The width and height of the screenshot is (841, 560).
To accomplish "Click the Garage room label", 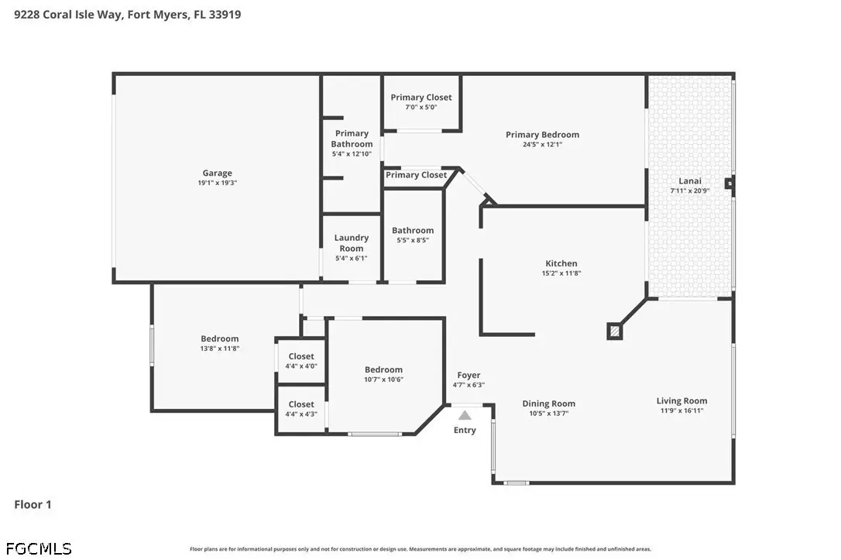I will (x=217, y=173).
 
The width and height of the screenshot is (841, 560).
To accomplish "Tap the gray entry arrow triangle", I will (x=465, y=416).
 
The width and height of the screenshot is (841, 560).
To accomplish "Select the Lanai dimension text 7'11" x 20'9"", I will (x=689, y=191).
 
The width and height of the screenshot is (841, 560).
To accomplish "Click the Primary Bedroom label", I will (x=542, y=135).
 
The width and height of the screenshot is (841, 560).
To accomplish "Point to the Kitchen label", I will (x=561, y=263).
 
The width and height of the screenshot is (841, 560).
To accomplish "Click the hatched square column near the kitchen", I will (x=614, y=331).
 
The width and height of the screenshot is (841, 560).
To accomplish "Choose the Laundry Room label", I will (x=352, y=243).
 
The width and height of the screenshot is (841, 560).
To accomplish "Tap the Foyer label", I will (x=469, y=375).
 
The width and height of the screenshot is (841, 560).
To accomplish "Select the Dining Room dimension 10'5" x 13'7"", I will (x=548, y=414).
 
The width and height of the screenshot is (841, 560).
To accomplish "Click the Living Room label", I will (x=681, y=400).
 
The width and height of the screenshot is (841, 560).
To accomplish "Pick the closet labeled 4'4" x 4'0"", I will (x=301, y=361).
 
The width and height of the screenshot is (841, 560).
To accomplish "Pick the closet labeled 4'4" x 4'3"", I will (x=301, y=408).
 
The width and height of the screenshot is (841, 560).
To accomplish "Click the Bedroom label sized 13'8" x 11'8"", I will (x=220, y=338).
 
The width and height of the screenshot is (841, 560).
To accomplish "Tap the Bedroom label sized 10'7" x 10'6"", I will (x=383, y=370).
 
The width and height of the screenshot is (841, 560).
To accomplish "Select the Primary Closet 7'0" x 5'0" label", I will (x=421, y=98).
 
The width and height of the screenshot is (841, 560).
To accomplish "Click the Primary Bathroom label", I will (x=352, y=139).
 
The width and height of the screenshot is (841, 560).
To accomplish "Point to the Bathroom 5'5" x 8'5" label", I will (x=413, y=230).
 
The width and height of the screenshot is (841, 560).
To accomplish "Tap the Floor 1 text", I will (x=33, y=504).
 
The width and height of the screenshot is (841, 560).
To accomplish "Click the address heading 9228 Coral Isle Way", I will (x=127, y=14).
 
